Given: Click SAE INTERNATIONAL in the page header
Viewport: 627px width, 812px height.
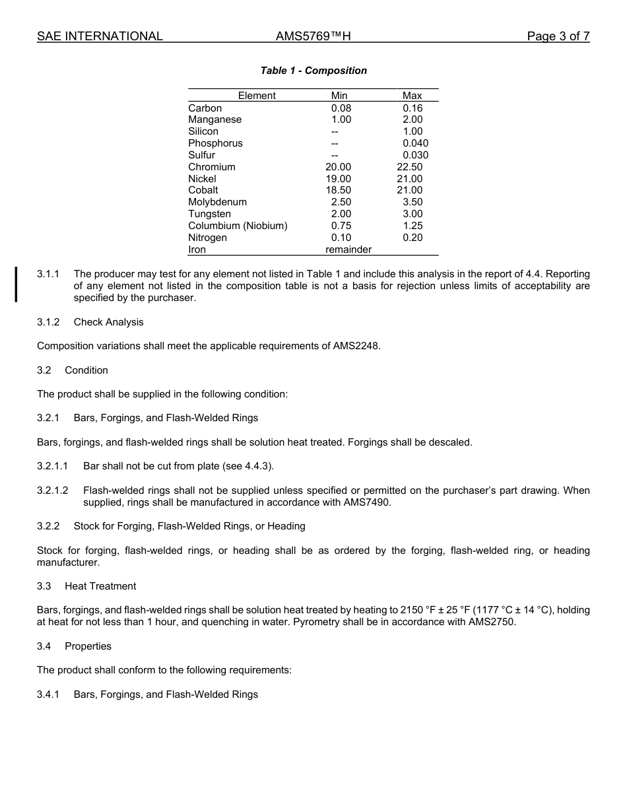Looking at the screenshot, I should [100, 36].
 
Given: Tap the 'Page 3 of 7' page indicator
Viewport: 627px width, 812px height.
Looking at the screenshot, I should [558, 36].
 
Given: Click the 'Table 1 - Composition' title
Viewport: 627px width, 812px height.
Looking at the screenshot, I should [313, 71].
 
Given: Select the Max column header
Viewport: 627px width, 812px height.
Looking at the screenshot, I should [412, 96].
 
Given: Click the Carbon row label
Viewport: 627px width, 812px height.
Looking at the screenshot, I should [205, 108].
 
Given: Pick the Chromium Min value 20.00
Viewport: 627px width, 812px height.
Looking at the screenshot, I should [339, 167].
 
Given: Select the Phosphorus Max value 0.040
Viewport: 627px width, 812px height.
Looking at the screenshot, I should [415, 143].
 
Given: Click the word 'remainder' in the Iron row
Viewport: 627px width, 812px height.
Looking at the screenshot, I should [348, 250].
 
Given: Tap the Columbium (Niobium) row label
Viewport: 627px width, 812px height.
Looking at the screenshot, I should [238, 226].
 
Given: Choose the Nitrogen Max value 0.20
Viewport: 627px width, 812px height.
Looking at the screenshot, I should [412, 238].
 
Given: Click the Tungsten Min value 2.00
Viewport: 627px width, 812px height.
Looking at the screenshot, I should [341, 214].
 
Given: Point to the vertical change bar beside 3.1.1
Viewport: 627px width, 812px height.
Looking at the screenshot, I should [16, 284].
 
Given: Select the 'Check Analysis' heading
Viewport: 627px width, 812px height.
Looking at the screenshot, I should [108, 322].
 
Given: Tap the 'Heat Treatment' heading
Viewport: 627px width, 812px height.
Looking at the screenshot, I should [100, 586].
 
